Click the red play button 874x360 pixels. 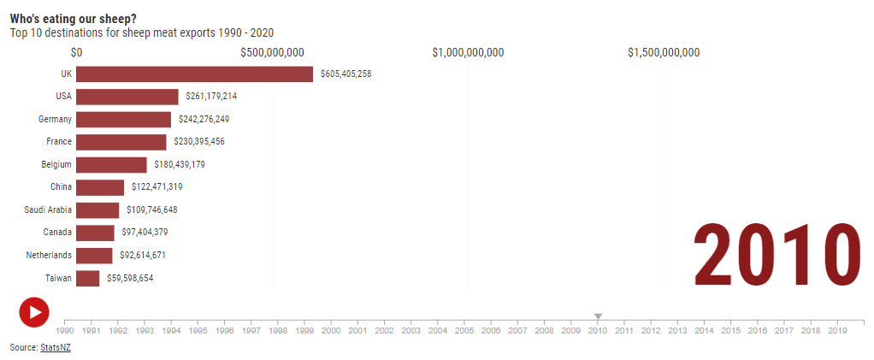click(x=34, y=312)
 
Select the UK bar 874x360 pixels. click(x=194, y=74)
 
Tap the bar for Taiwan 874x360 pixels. click(x=88, y=278)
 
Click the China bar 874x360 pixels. click(x=100, y=187)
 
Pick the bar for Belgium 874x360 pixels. click(x=111, y=165)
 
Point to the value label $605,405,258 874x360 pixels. click(x=346, y=74)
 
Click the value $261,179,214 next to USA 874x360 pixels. click(x=212, y=97)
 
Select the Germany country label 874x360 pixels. click(x=56, y=119)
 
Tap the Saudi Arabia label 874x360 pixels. click(x=48, y=210)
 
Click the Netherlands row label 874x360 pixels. click(x=49, y=255)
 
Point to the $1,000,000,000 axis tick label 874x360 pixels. click(x=469, y=53)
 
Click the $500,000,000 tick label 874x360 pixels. click(x=273, y=53)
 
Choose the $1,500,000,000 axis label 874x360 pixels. click(x=664, y=53)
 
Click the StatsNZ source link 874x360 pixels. click(x=56, y=348)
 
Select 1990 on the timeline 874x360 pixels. click(x=65, y=330)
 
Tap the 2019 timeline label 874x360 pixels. click(x=837, y=330)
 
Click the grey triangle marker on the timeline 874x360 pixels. click(x=598, y=316)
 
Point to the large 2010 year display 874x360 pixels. click(x=778, y=254)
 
